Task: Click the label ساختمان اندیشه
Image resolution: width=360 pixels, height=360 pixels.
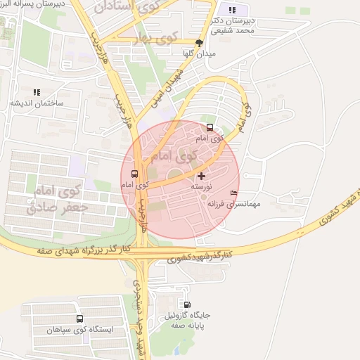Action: [x=36, y=103]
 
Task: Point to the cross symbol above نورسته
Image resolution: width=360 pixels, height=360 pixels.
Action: [x=202, y=176]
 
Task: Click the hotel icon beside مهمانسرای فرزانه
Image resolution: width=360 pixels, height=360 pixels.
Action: [x=234, y=194]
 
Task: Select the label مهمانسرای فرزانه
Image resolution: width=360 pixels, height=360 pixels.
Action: [x=234, y=204]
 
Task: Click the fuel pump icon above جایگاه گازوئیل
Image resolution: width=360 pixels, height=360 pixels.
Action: [x=186, y=304]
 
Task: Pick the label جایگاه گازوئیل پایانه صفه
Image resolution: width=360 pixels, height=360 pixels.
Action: [x=186, y=321]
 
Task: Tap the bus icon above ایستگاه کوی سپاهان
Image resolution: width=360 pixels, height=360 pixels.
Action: [x=79, y=319]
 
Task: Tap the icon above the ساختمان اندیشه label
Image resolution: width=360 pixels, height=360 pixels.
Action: [x=36, y=91]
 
